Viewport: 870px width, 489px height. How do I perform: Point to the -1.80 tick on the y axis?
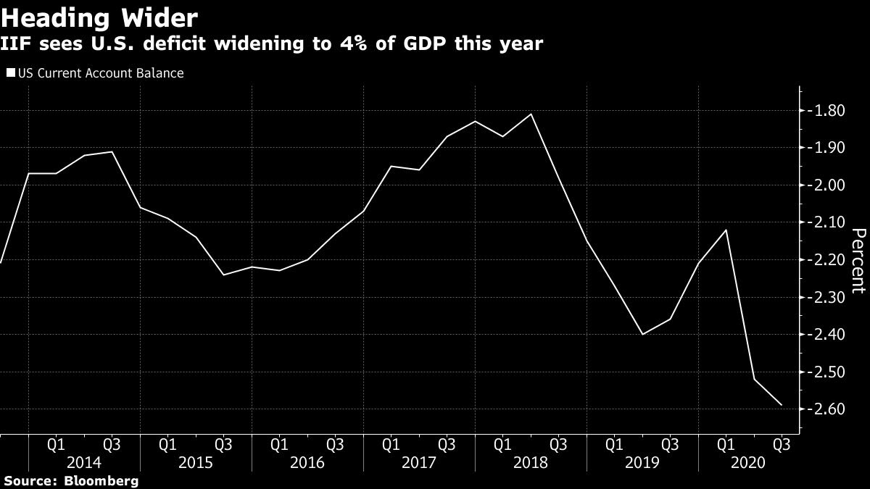pos(826,111)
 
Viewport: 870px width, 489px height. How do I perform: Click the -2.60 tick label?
pos(826,409)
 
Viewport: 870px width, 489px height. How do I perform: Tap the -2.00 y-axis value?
pos(826,185)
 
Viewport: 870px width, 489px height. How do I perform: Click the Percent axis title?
pos(858,261)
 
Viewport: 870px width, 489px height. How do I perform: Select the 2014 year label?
pos(84,461)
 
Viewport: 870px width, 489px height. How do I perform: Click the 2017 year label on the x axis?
pos(419,461)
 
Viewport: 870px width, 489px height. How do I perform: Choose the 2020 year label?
pos(754,461)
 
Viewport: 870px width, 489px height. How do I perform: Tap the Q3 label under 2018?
pos(559,442)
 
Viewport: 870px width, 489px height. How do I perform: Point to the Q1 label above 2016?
pos(279,442)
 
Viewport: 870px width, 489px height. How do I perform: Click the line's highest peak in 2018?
pos(531,114)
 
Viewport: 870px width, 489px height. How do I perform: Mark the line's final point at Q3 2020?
pos(782,405)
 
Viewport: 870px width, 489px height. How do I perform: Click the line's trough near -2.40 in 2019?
pos(642,334)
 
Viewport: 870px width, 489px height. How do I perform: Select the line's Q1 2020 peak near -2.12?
pos(726,230)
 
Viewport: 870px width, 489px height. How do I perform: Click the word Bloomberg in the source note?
pos(101,480)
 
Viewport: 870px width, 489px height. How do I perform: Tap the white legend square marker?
pos(10,73)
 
